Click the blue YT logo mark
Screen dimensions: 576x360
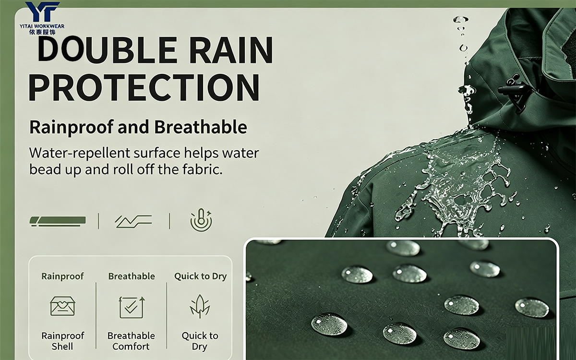point(42,12)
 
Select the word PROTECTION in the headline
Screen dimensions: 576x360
point(144,87)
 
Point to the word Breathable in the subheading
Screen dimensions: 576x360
point(201,127)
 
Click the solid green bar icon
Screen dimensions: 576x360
point(58,221)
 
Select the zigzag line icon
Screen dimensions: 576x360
point(133,221)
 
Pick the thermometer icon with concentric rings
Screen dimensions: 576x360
point(201,221)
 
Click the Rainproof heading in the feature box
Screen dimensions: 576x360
point(62,276)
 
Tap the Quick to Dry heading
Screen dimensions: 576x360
point(200,276)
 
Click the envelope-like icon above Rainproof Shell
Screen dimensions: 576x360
point(62,306)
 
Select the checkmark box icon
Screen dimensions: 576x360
point(132,307)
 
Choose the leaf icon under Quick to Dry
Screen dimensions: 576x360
point(200,307)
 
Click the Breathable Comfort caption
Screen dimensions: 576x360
point(131,341)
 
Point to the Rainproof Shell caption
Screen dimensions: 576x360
point(62,341)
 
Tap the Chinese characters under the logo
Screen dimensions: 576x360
point(42,32)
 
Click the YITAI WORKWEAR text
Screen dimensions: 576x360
point(42,26)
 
